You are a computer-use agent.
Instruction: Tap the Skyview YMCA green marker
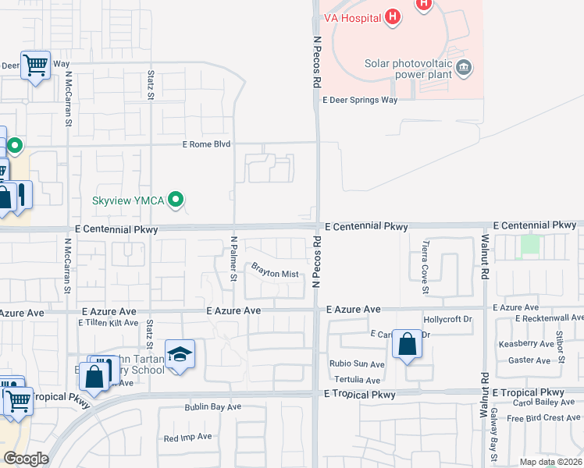point(176,200)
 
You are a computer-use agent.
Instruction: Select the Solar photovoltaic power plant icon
point(464,66)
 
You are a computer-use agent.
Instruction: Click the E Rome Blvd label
point(207,144)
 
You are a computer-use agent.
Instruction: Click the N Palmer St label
point(233,258)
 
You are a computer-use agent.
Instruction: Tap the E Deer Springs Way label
point(361,100)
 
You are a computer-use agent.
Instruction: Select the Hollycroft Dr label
point(448,319)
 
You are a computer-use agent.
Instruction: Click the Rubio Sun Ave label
point(357,364)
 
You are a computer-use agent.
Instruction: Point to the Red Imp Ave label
point(187,438)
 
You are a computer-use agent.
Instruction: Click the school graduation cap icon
point(180,355)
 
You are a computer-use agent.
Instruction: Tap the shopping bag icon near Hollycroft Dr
point(408,343)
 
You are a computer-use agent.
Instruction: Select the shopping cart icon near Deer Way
point(36,66)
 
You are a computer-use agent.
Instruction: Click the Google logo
point(25,459)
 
